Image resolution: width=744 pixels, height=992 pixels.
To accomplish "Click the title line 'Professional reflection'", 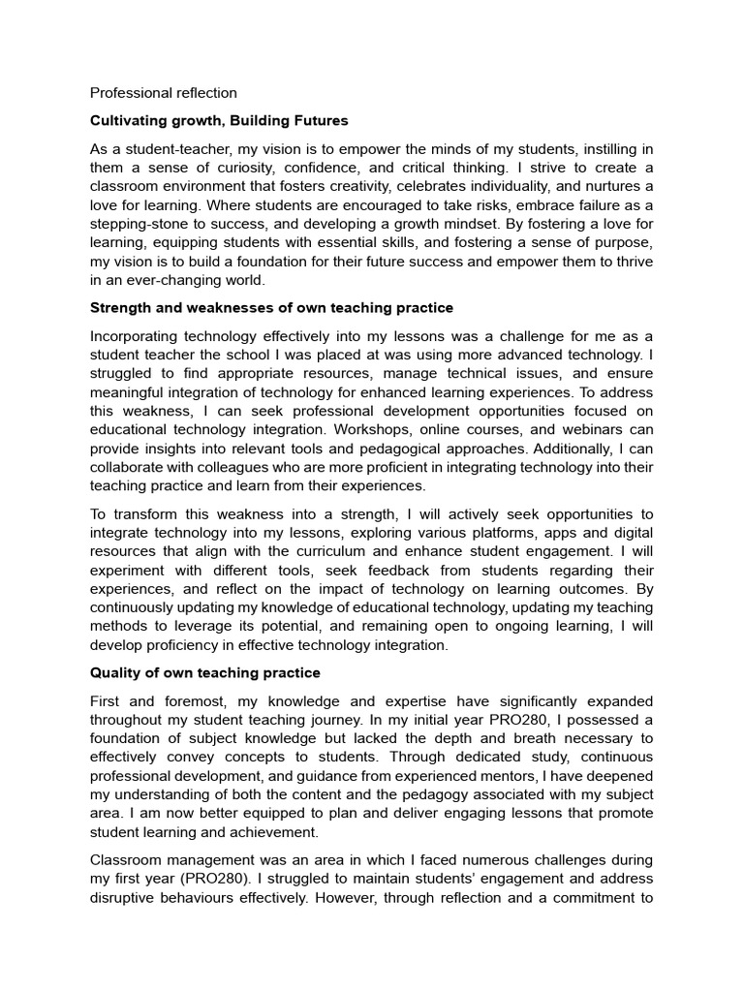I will (x=163, y=93).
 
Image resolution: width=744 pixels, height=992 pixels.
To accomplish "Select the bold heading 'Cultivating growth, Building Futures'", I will (x=219, y=121).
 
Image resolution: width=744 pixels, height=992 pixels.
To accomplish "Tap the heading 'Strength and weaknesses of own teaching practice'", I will (x=271, y=308).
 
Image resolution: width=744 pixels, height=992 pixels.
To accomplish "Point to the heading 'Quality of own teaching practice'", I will (x=204, y=672).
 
